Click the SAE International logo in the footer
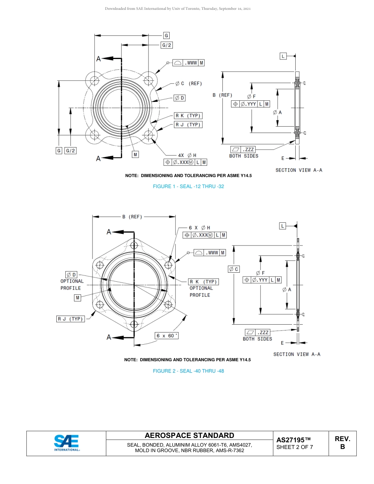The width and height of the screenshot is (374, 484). click(x=67, y=443)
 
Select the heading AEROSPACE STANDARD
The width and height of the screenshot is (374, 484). click(x=189, y=435)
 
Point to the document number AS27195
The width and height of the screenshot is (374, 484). click(x=293, y=440)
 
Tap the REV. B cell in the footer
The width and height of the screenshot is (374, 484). click(x=342, y=443)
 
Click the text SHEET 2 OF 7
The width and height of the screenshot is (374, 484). click(x=294, y=447)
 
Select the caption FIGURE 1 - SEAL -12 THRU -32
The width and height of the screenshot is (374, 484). click(x=188, y=187)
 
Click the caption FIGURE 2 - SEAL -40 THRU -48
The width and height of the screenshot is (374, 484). click(x=188, y=371)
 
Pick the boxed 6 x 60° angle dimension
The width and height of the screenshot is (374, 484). click(x=167, y=336)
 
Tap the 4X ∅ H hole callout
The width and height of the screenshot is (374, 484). click(x=187, y=155)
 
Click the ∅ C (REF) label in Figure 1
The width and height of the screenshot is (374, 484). click(x=189, y=83)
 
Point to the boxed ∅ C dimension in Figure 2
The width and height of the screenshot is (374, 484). click(x=233, y=269)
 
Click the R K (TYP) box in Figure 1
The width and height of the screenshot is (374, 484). click(x=188, y=116)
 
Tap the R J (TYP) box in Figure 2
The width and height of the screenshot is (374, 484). click(x=71, y=319)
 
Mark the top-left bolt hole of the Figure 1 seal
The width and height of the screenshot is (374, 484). click(x=95, y=81)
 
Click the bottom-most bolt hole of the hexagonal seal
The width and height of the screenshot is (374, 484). click(x=134, y=325)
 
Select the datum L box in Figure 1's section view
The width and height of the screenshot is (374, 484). click(x=283, y=56)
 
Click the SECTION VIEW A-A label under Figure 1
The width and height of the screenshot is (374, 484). click(x=299, y=170)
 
